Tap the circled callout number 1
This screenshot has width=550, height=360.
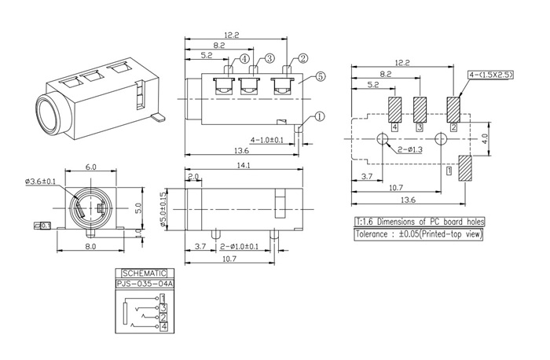click(319, 116)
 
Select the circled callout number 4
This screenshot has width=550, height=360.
click(245, 58)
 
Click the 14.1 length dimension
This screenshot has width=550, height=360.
click(243, 165)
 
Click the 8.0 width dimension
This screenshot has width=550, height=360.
click(90, 247)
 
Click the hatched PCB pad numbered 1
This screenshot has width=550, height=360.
click(464, 168)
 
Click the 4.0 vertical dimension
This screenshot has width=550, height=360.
click(486, 136)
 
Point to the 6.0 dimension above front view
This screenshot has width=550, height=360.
click(90, 167)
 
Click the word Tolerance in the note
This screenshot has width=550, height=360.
click(376, 234)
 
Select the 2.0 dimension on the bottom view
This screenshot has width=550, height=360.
click(193, 176)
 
